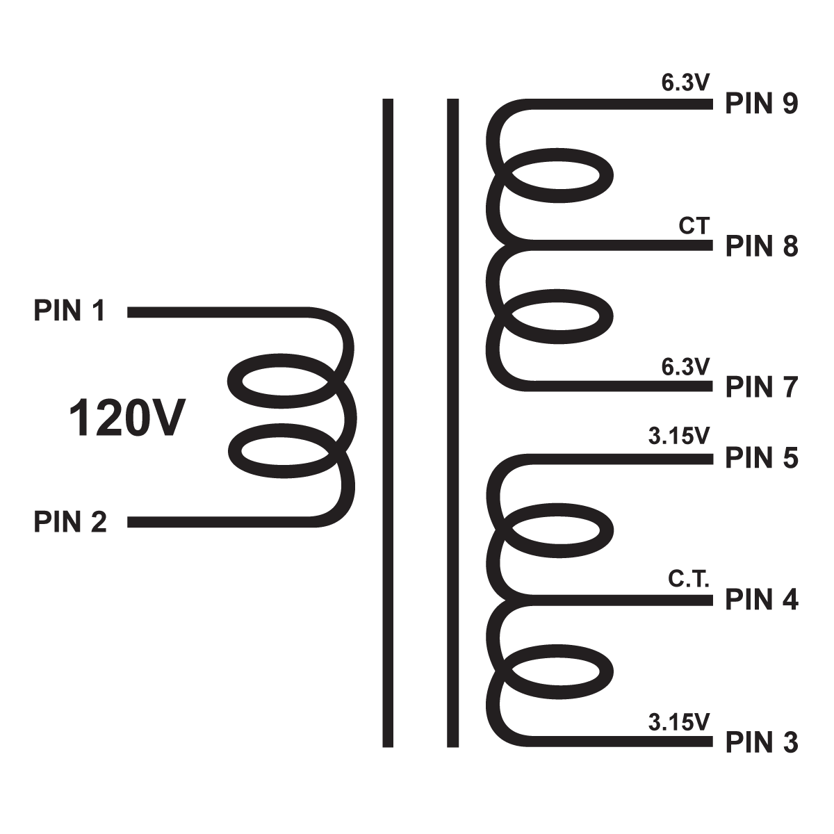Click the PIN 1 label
(69, 311)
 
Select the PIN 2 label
(70, 521)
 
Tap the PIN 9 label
(762, 104)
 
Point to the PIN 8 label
(762, 246)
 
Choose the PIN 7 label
(762, 387)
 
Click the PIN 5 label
(762, 459)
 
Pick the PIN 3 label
(762, 743)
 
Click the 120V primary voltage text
(126, 419)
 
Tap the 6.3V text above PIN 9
(685, 84)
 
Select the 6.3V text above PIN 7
(685, 366)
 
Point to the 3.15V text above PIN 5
(678, 436)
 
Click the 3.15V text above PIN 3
(678, 723)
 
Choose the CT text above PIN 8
(694, 227)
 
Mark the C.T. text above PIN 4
(689, 580)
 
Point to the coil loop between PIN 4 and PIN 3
(556, 671)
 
